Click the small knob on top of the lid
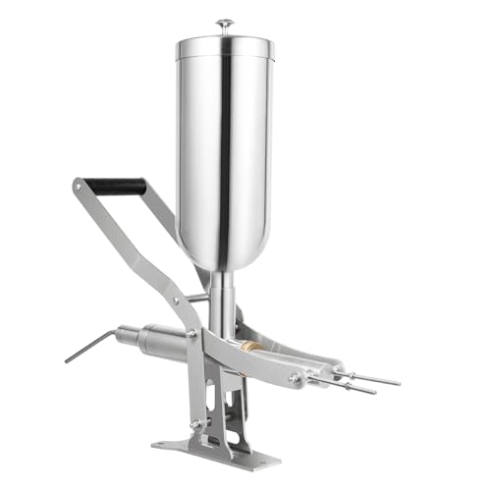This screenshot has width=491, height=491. (225, 23)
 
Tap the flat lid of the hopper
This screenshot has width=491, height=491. (225, 43)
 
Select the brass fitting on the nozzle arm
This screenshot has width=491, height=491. (252, 346)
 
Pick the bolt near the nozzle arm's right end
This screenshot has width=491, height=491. (295, 376)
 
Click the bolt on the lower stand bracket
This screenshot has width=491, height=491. (195, 424)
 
